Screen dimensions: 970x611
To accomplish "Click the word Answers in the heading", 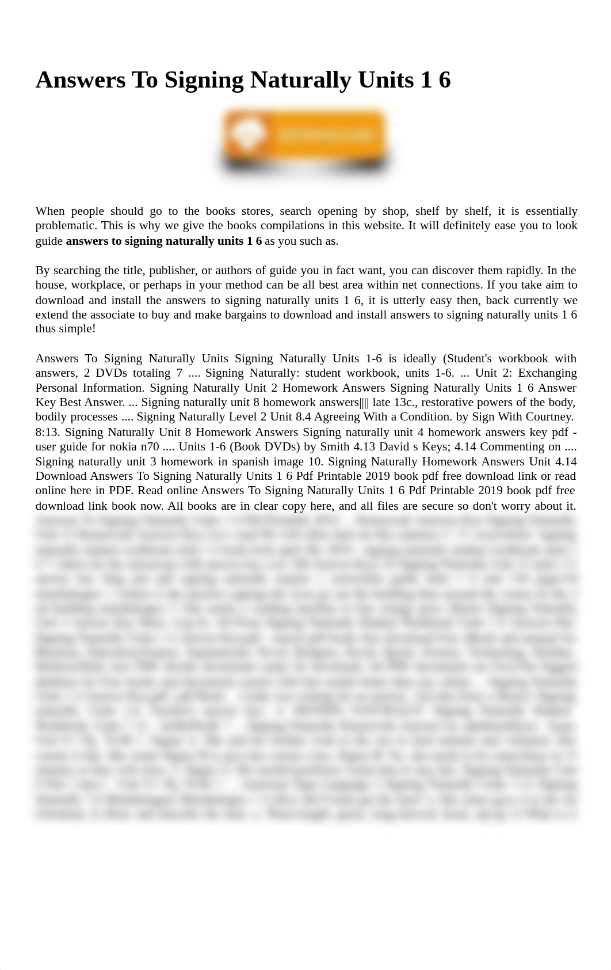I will coord(80,80).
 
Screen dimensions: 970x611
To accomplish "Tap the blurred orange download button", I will coord(305,140).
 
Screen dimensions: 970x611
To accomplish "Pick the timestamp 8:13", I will coord(47,432).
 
